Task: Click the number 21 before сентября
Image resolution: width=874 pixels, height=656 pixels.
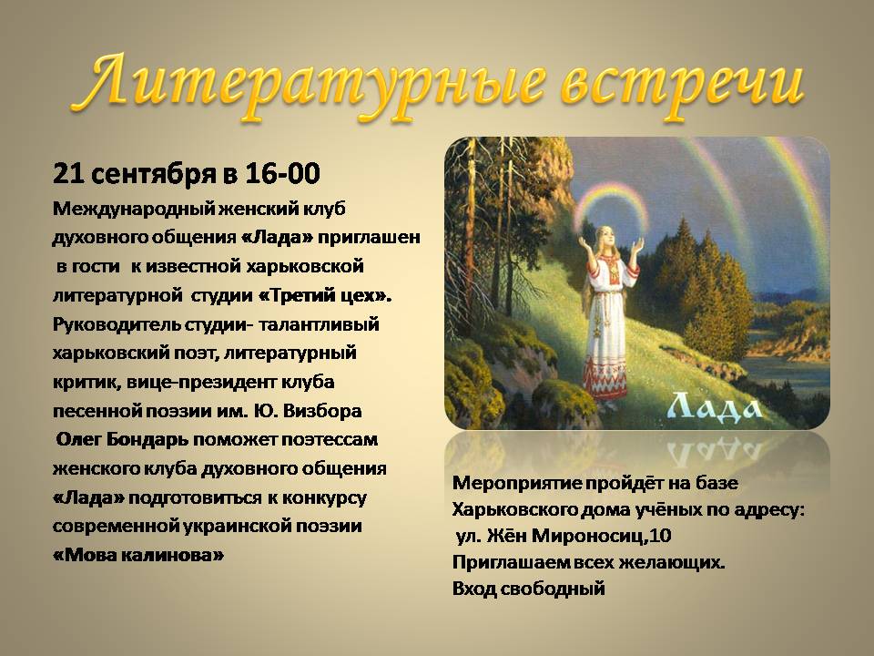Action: pos(68,174)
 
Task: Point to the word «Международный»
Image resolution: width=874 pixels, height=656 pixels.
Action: pos(131,210)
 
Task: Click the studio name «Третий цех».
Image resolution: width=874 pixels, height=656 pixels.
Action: pos(325,295)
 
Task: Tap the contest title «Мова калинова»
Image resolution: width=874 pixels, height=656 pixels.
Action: pos(138,556)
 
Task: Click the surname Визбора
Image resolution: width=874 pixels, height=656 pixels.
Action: pos(322,411)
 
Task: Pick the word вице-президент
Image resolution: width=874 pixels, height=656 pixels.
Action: pos(201,382)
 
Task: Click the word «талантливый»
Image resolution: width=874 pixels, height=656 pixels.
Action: pos(320,324)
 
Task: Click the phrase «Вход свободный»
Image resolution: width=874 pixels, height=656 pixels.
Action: pos(528,589)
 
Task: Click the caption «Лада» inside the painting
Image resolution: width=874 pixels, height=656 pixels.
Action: pos(716,406)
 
